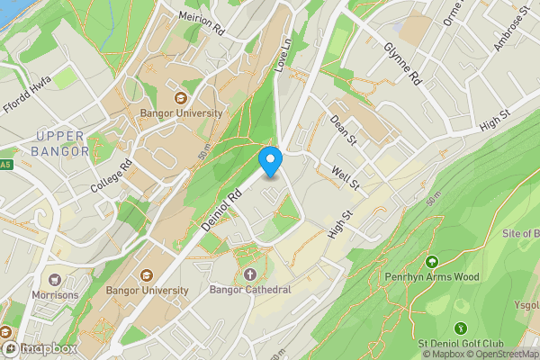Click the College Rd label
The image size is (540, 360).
point(112,175)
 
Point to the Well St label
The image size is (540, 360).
point(346,176)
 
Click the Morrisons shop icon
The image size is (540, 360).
point(55,281)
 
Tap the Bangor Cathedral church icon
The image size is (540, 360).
point(249,274)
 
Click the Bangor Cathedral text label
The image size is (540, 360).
point(249,290)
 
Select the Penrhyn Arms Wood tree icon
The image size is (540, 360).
point(432,262)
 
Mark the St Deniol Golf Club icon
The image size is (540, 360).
point(461,328)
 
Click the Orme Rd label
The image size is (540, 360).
point(452,13)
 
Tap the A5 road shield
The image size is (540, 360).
point(4,165)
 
